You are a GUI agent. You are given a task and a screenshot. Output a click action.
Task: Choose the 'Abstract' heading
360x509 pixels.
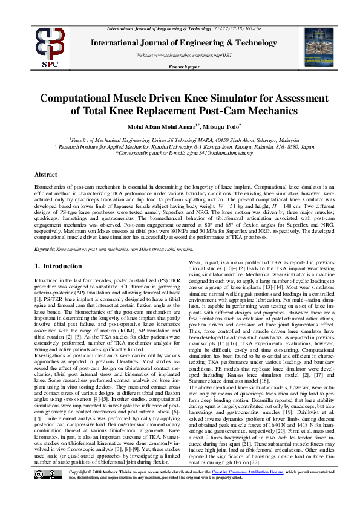pos(45,175)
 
